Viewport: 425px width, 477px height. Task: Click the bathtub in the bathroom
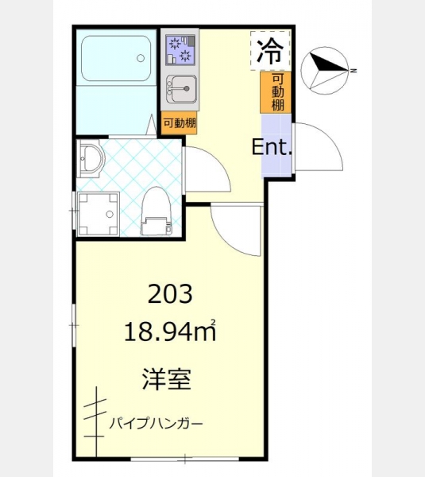116,58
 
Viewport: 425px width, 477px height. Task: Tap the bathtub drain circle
141,58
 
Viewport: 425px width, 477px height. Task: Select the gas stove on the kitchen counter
180,50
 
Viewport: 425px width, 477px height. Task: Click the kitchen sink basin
182,88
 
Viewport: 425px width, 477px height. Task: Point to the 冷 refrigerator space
271,51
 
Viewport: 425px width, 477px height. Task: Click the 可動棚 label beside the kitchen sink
180,123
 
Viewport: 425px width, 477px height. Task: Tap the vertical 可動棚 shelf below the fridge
276,92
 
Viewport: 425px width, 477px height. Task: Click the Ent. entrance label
272,147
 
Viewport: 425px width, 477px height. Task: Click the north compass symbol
325,71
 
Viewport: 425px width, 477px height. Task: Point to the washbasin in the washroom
91,158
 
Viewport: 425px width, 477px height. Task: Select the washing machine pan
98,214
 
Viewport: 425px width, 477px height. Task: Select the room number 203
170,294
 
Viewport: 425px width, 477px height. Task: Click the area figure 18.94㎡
170,331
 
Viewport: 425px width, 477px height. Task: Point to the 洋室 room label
167,379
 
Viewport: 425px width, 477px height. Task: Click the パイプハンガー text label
156,423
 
